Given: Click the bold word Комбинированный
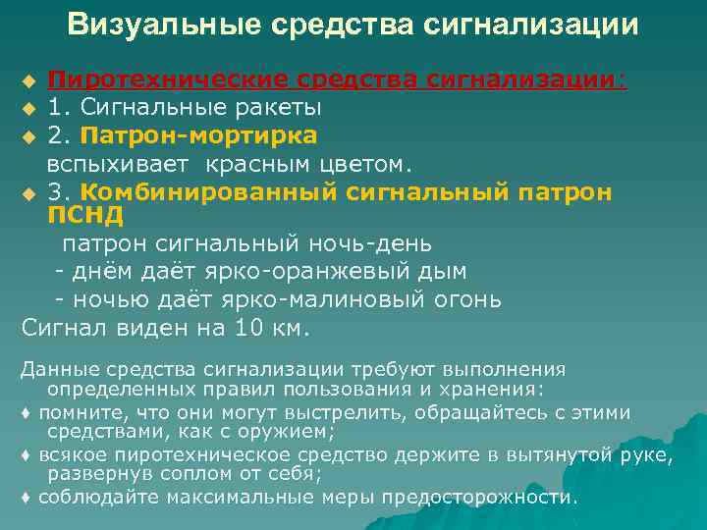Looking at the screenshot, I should point(211,191).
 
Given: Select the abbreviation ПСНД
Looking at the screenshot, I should point(86,215).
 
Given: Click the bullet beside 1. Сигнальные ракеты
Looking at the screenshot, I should point(29,107).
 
